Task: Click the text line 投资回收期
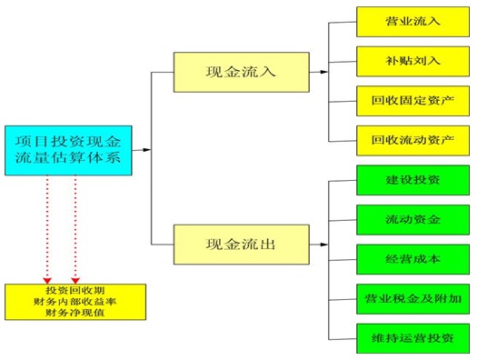click(75, 290)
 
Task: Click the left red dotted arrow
click(47, 227)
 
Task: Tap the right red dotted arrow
click(75, 227)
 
